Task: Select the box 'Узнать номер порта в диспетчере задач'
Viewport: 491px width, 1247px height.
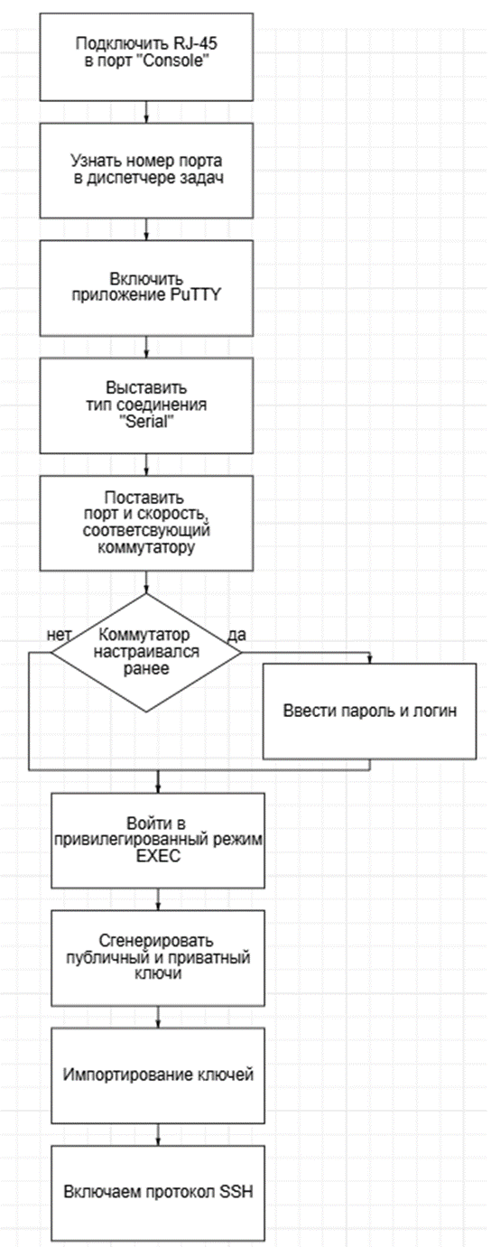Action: [x=146, y=171]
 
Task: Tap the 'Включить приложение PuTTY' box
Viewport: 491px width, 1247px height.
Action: [x=146, y=288]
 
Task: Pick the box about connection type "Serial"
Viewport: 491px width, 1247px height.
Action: [x=146, y=405]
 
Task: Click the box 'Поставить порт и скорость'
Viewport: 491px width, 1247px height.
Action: [x=146, y=523]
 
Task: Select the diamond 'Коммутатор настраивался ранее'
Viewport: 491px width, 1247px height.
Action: [x=146, y=653]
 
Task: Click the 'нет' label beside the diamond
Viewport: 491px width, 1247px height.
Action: [x=59, y=635]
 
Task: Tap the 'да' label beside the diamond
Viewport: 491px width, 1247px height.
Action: [x=236, y=635]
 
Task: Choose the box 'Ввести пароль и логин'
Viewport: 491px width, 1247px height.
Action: [x=370, y=711]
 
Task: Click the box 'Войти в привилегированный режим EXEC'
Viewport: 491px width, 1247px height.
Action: [x=158, y=840]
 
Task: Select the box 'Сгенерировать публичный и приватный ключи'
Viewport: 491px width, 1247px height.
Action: [x=158, y=957]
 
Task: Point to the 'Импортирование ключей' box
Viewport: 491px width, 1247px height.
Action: [x=158, y=1075]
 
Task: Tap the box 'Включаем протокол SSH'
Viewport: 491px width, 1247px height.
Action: [x=158, y=1193]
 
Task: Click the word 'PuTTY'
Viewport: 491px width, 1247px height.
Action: [x=195, y=295]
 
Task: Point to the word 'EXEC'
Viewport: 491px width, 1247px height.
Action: [x=159, y=856]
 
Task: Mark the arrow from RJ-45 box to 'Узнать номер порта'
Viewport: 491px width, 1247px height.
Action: [x=146, y=112]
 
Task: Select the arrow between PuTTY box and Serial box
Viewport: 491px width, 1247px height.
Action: [x=146, y=347]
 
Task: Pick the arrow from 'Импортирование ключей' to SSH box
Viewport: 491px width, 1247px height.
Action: [x=158, y=1134]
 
